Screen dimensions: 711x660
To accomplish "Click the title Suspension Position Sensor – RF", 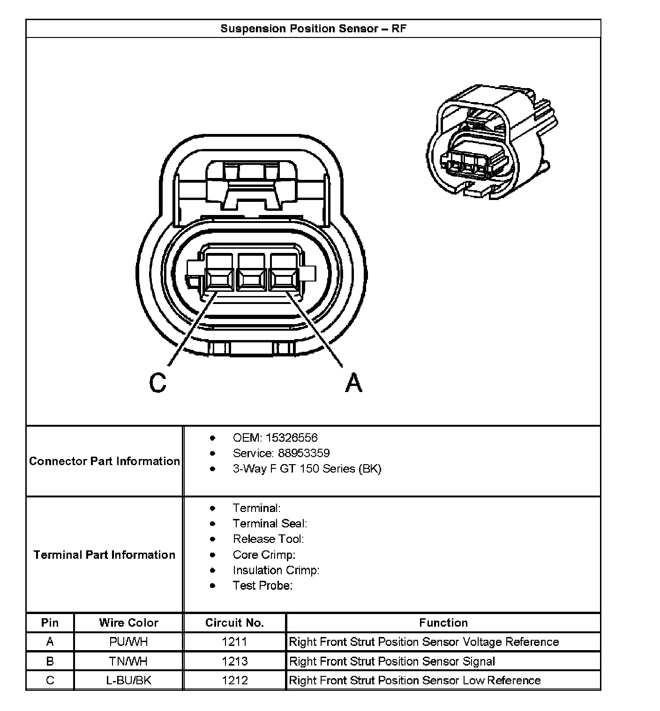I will [313, 29].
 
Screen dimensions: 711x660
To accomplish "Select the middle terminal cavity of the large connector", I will [252, 280].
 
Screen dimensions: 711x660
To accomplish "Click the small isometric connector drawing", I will [490, 143].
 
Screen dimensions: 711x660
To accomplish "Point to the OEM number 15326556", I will [291, 438].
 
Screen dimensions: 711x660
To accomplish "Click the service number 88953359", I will [304, 453].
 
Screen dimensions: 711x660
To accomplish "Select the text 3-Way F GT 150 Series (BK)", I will [307, 469].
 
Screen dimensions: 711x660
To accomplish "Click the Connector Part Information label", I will [105, 461].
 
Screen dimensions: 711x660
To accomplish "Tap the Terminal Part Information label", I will [105, 555].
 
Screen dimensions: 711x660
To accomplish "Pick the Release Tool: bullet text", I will [268, 539].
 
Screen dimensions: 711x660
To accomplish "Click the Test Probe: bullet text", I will [262, 585].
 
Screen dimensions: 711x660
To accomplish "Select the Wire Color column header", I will [128, 623].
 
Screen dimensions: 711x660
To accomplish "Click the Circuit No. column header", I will [234, 623].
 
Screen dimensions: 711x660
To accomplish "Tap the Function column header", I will [443, 623].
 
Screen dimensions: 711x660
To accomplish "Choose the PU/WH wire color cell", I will [128, 642].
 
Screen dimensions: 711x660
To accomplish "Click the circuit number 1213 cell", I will [234, 661].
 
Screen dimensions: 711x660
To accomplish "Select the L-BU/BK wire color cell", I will [128, 681].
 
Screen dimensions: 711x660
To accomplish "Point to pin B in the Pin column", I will [50, 661].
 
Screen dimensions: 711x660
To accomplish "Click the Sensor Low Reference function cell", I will [415, 681].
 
